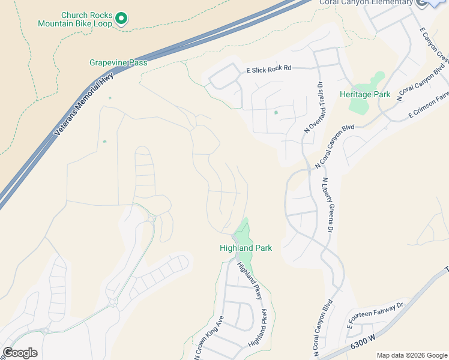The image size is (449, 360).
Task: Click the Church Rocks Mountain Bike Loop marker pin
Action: click(x=121, y=19)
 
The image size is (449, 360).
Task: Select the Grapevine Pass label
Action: click(x=118, y=62)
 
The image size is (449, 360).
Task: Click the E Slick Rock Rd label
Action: click(x=268, y=70)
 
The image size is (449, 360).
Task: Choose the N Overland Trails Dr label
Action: click(x=313, y=107)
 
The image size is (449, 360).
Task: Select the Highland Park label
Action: click(x=246, y=248)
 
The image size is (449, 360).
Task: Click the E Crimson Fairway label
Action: click(x=428, y=103)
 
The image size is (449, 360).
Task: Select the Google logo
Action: click(x=20, y=353)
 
